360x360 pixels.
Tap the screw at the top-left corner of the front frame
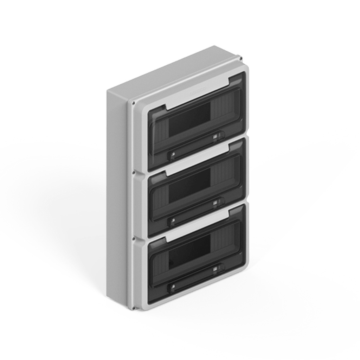pyautogui.click(x=133, y=103)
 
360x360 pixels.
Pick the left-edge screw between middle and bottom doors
pyautogui.click(x=133, y=238)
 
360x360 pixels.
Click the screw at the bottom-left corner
pyautogui.click(x=133, y=308)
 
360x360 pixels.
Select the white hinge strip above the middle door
pyautogui.click(x=197, y=161)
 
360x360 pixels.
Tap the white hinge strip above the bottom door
pyautogui.click(x=197, y=227)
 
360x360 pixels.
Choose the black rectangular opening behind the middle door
pyautogui.click(x=189, y=185)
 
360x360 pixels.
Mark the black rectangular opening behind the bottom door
pyautogui.click(x=189, y=252)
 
